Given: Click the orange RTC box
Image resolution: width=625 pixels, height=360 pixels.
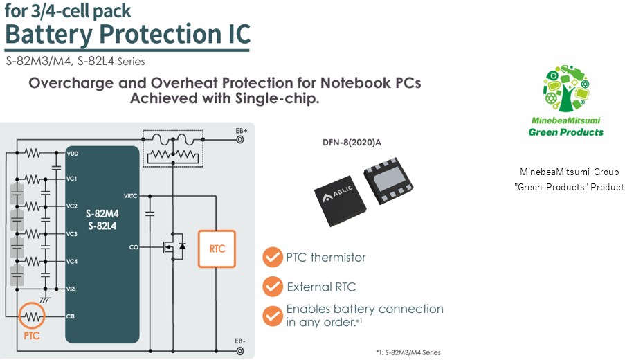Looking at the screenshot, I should pyautogui.click(x=217, y=248).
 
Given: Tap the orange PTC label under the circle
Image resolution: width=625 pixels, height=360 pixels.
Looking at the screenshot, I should pyautogui.click(x=31, y=336).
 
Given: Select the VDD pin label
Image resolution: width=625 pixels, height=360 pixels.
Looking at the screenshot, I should pyautogui.click(x=72, y=152).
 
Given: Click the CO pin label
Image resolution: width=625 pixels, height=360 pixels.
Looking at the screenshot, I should pyautogui.click(x=134, y=246).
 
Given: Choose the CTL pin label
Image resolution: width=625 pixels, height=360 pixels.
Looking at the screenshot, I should pyautogui.click(x=72, y=316).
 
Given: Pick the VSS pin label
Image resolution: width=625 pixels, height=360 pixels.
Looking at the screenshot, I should pyautogui.click(x=72, y=288).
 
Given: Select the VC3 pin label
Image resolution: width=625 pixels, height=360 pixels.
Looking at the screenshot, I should pyautogui.click(x=72, y=234).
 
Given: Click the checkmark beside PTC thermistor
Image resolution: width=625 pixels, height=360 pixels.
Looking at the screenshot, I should pyautogui.click(x=272, y=258).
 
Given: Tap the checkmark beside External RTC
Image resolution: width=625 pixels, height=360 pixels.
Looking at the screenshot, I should pyautogui.click(x=272, y=286).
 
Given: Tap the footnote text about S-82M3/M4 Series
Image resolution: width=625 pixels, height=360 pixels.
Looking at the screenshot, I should pyautogui.click(x=408, y=352).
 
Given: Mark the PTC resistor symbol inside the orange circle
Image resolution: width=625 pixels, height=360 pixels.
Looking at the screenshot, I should pyautogui.click(x=32, y=316).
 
